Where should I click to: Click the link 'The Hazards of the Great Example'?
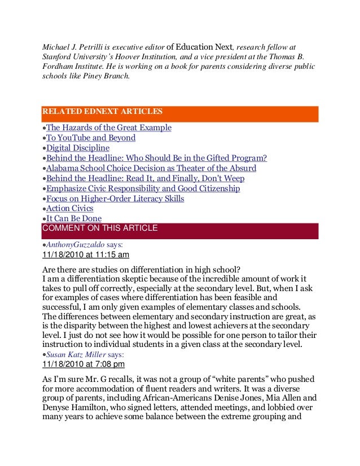point(108,128)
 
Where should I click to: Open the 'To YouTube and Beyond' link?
point(91,138)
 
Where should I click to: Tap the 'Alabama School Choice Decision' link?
point(151,168)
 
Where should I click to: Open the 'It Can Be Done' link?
point(73,219)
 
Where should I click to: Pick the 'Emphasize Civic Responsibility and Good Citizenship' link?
point(143,188)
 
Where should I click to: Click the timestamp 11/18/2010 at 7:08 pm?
point(84,364)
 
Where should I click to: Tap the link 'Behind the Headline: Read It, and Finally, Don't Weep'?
point(145,178)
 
